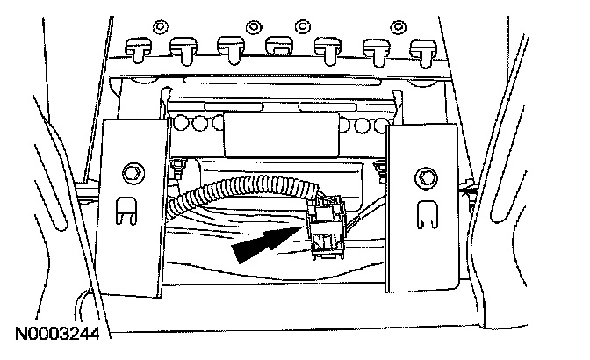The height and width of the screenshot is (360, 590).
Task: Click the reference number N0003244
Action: (54, 335)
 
